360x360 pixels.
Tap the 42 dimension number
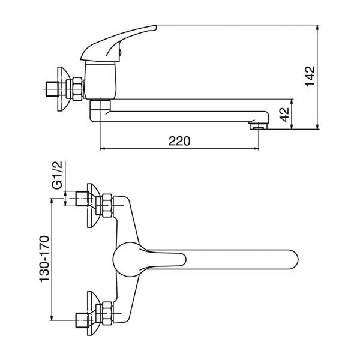(284, 115)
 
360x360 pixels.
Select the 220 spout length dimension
(179, 141)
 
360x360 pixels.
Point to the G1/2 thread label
(57, 175)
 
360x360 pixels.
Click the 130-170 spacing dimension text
(44, 259)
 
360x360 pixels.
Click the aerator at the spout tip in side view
(259, 126)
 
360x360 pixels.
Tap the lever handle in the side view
(118, 43)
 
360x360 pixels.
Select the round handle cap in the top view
(127, 259)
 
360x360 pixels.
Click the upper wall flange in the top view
(94, 205)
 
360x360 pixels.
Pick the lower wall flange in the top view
(94, 313)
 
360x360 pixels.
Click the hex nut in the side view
(77, 89)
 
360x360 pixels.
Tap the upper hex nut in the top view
(107, 205)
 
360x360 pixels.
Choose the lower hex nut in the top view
(107, 313)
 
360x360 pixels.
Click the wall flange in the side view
(62, 89)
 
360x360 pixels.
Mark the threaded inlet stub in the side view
(52, 89)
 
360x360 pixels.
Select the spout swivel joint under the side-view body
(100, 106)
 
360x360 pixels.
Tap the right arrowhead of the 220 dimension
(256, 149)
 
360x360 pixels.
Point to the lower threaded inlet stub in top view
(82, 320)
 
